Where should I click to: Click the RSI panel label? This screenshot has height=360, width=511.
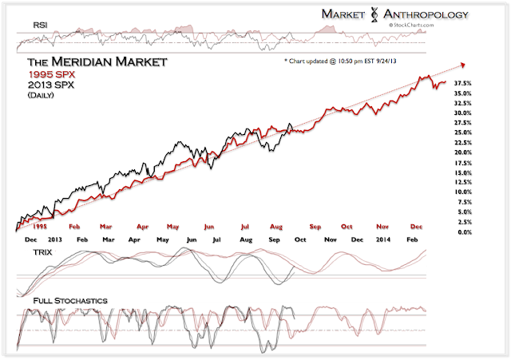41,26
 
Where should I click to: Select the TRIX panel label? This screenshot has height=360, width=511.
43,251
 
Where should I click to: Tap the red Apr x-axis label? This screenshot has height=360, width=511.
144,227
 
